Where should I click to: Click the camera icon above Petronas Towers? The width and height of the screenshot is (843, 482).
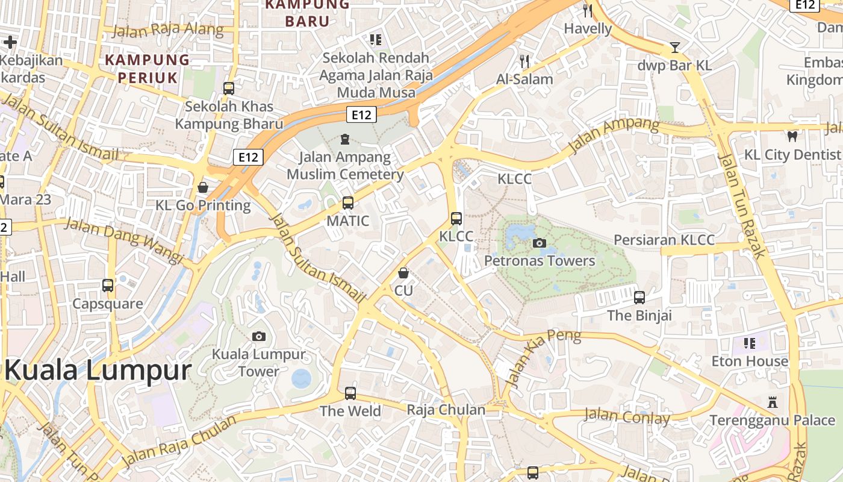[x=540, y=243]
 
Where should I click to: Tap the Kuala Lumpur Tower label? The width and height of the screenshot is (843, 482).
[x=259, y=363]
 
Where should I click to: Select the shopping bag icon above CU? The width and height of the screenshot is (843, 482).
[x=403, y=273]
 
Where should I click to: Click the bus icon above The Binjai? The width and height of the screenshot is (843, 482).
[x=639, y=298]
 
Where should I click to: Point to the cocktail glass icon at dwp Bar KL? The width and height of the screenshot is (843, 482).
[x=675, y=48]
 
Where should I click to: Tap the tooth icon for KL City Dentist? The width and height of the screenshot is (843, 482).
[x=792, y=137]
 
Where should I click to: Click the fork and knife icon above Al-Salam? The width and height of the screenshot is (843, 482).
[x=524, y=61]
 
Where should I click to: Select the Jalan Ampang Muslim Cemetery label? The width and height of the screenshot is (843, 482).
[x=345, y=166]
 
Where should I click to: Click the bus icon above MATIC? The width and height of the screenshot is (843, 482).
[x=348, y=203]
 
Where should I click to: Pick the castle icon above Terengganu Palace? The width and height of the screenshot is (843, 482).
[x=773, y=402]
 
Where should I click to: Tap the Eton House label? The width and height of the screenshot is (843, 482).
[x=750, y=361]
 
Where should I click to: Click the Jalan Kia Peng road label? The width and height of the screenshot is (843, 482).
[x=543, y=357]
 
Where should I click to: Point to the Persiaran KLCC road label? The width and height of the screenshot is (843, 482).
[x=664, y=240]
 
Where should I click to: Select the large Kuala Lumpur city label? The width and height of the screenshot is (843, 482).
[x=98, y=369]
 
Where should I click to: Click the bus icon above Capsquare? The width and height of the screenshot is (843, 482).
[x=108, y=286]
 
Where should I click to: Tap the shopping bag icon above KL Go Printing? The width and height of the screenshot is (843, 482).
[x=203, y=187]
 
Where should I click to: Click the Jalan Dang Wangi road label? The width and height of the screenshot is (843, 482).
[x=123, y=240]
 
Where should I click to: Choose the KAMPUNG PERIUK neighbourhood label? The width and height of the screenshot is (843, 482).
[x=148, y=68]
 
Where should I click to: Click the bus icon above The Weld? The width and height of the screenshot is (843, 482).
[x=350, y=393]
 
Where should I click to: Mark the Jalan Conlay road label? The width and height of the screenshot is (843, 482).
[x=627, y=416]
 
